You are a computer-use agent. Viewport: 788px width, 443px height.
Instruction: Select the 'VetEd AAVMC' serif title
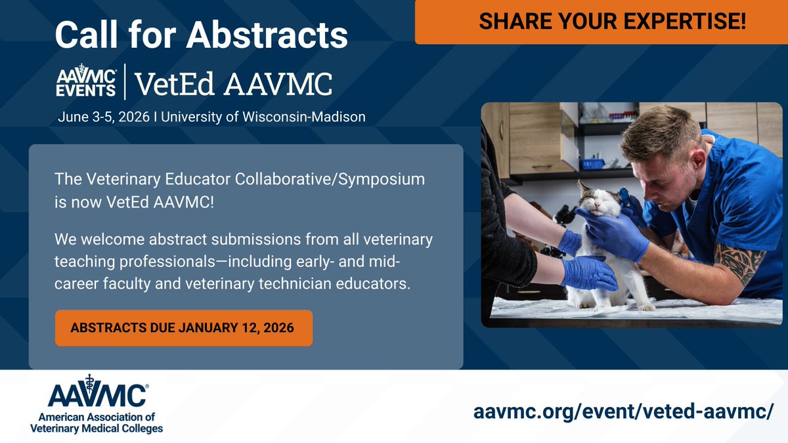tap(233, 84)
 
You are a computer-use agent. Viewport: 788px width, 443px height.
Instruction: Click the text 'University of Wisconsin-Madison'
tap(263, 117)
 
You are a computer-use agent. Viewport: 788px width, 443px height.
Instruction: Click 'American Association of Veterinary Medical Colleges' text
tap(97, 422)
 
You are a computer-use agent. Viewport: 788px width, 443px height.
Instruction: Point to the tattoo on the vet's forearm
tap(739, 261)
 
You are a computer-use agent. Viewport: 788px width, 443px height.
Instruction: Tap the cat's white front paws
tap(640, 304)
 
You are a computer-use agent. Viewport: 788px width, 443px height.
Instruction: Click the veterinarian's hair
tap(657, 131)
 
